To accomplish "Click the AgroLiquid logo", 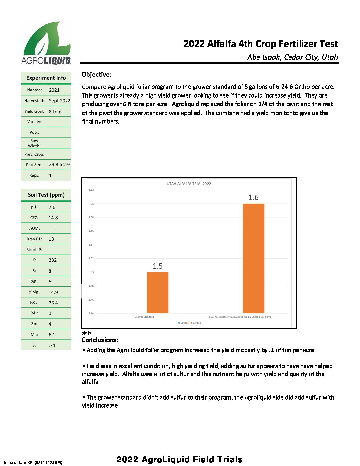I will pyautogui.click(x=46, y=43).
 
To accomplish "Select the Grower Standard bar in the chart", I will pyautogui.click(x=157, y=293).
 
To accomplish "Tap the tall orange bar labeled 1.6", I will pyautogui.click(x=253, y=258).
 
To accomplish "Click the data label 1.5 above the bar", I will pyautogui.click(x=157, y=266).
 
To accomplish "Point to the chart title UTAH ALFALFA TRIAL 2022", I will pyautogui.click(x=189, y=184).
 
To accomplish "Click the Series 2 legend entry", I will pyautogui.click(x=196, y=323).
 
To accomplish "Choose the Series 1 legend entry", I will pyautogui.click(x=184, y=323).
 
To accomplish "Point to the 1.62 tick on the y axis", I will pyautogui.click(x=91, y=190).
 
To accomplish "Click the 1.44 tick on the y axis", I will pyautogui.click(x=91, y=313).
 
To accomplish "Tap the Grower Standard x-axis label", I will pyautogui.click(x=144, y=317).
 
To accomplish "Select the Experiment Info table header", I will pyautogui.click(x=46, y=78).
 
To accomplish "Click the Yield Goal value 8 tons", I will pyautogui.click(x=56, y=112).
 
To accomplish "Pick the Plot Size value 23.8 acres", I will pyautogui.click(x=60, y=164).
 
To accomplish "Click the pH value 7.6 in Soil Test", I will pyautogui.click(x=52, y=207).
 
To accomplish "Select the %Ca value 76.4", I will pyautogui.click(x=53, y=303).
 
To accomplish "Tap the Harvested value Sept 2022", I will pyautogui.click(x=60, y=101).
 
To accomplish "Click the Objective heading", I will pyautogui.click(x=97, y=75).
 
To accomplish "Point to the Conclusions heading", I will pyautogui.click(x=100, y=340).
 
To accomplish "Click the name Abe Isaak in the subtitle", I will pyautogui.click(x=263, y=57).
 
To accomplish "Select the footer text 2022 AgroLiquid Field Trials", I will pyautogui.click(x=179, y=459).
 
